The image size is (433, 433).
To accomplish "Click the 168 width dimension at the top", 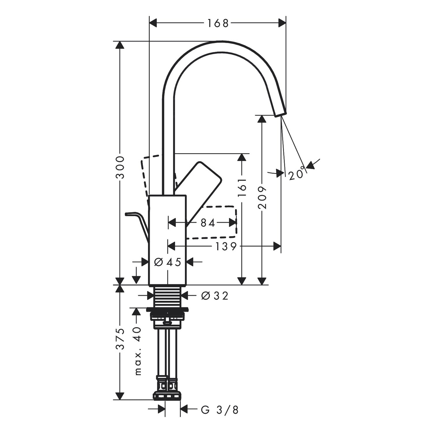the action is (218, 23).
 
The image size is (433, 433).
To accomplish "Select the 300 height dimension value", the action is (120, 167).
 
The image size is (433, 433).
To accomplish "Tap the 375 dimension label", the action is (120, 339).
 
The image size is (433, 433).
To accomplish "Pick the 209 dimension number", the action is (262, 197).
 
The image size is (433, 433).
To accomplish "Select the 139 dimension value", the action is (226, 246).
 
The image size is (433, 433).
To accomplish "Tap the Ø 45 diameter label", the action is (167, 262).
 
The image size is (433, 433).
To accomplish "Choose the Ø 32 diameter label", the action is (215, 296).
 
